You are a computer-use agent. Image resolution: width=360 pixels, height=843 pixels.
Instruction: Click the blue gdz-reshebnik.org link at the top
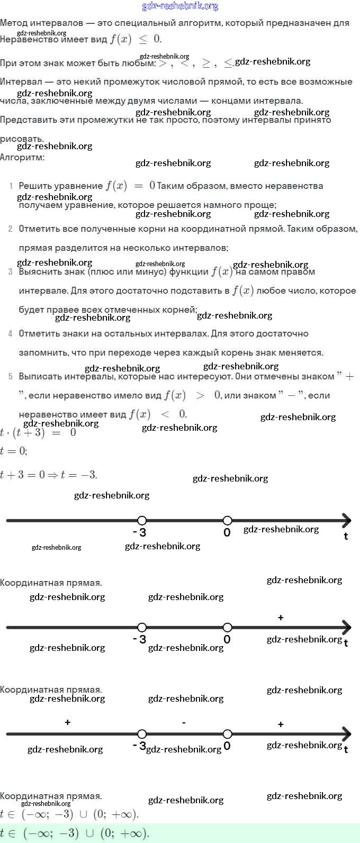[x=180, y=6]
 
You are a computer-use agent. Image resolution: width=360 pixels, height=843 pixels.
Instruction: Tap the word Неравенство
[x=29, y=40]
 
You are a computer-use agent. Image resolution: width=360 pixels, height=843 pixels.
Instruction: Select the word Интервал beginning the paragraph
[x=21, y=82]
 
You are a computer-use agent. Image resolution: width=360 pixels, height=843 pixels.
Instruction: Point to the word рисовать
[x=22, y=139]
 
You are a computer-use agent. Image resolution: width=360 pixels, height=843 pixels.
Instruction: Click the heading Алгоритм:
[x=22, y=157]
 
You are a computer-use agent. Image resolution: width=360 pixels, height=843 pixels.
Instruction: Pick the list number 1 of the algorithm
[x=11, y=186]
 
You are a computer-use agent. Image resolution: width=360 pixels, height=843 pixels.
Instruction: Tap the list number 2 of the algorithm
[x=11, y=229]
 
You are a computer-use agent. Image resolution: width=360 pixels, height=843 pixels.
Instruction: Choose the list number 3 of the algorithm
[x=11, y=272]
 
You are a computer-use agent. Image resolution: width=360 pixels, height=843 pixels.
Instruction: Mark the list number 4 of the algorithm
[x=11, y=334]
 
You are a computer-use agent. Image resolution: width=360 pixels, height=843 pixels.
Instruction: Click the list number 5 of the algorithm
[x=11, y=377]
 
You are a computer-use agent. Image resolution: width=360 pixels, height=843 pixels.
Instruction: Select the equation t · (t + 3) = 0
[x=38, y=433]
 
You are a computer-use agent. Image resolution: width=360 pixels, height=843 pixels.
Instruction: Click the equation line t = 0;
[x=14, y=451]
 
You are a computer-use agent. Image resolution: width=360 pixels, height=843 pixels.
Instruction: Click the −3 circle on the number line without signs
[x=142, y=521]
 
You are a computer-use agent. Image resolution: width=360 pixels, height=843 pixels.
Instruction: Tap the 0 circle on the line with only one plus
[x=227, y=628]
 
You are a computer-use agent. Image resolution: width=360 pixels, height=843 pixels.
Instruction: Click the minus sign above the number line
[x=184, y=723]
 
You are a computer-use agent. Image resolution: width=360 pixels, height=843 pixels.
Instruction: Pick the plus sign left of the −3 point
[x=68, y=722]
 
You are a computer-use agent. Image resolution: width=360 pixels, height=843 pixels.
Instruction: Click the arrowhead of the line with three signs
[x=346, y=734]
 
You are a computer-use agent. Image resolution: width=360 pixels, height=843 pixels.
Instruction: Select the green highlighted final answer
[x=75, y=833]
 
